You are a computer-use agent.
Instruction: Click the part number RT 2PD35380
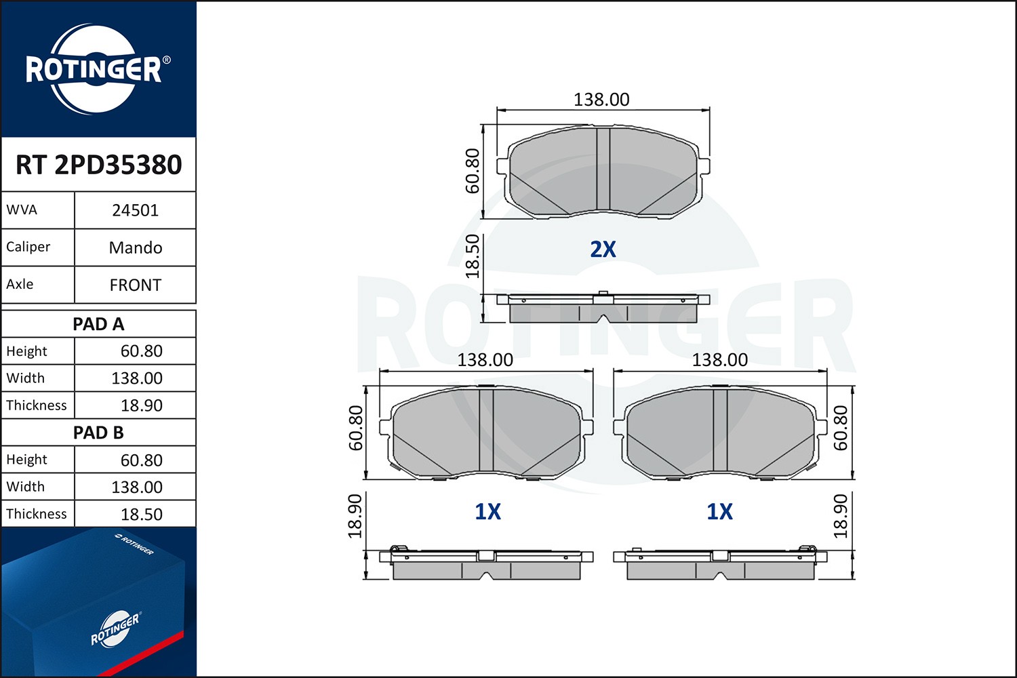click(98, 165)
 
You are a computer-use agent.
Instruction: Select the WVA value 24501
click(135, 210)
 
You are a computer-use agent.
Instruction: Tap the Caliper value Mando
click(135, 247)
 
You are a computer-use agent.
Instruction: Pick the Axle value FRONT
click(135, 285)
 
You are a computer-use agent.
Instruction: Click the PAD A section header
click(98, 324)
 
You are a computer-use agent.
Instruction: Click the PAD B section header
click(98, 433)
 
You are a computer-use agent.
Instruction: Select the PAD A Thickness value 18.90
click(141, 405)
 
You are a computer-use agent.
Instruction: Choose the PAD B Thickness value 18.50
click(141, 515)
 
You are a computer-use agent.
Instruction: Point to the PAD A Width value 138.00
click(136, 378)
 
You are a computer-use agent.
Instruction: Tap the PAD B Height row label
click(27, 460)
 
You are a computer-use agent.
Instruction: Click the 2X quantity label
click(603, 250)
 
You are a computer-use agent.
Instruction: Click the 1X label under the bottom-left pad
click(487, 512)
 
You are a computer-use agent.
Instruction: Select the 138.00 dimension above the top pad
click(601, 100)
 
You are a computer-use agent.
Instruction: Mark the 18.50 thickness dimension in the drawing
click(473, 256)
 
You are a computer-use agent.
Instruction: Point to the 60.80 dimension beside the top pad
click(473, 171)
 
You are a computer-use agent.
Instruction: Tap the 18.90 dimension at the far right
click(840, 516)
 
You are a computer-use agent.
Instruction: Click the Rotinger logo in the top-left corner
click(94, 69)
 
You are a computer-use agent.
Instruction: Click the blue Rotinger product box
click(95, 603)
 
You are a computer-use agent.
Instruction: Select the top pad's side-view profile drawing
click(603, 308)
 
